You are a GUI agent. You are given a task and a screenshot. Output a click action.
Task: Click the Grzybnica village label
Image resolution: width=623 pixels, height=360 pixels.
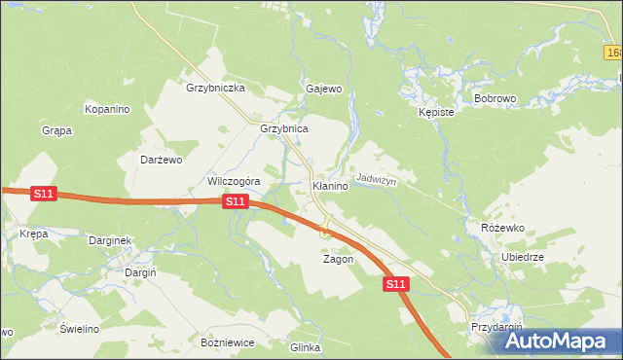click(284, 128)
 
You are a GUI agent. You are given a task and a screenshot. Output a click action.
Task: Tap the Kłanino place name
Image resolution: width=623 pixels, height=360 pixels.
click(330, 185)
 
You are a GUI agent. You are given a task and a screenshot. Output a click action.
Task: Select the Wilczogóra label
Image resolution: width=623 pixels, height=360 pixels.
click(233, 181)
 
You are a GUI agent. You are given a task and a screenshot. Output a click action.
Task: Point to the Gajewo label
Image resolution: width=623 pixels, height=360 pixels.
click(324, 89)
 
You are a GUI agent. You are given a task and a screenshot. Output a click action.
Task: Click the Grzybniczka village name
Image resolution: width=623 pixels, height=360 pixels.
click(215, 88)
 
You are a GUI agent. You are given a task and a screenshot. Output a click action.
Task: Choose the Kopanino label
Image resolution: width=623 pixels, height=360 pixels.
click(107, 109)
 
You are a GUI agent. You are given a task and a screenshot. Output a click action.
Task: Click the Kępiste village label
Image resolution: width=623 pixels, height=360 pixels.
click(437, 112)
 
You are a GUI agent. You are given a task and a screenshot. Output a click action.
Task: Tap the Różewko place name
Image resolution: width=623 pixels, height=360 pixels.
click(503, 227)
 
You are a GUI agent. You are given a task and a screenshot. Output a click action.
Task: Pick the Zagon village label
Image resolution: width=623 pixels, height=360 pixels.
click(338, 260)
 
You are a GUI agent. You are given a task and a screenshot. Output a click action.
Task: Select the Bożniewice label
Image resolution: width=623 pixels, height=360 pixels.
click(227, 342)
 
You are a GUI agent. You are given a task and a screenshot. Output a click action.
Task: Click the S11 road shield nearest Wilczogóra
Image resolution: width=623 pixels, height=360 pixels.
click(235, 201)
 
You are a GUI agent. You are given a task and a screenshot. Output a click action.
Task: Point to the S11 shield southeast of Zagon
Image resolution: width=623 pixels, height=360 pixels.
click(394, 284)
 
